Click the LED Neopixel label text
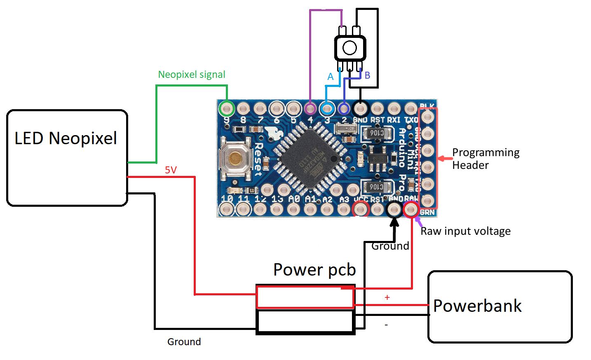point(66,138)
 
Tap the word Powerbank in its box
point(477,306)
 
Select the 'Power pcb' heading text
point(314,270)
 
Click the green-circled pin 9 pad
point(226,109)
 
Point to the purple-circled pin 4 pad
point(310,109)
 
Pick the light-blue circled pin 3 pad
point(327,109)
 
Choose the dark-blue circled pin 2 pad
point(344,109)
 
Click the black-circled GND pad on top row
point(361,109)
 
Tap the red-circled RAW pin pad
point(411,209)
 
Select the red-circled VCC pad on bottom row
point(361,209)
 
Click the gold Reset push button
point(235,158)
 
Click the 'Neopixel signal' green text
point(192,75)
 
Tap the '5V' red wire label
point(171,170)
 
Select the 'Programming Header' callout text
point(485,159)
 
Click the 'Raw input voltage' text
point(465,231)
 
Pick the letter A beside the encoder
point(330,77)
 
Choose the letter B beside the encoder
point(367,75)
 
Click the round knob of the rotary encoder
point(349,48)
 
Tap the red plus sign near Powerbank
point(387,297)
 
